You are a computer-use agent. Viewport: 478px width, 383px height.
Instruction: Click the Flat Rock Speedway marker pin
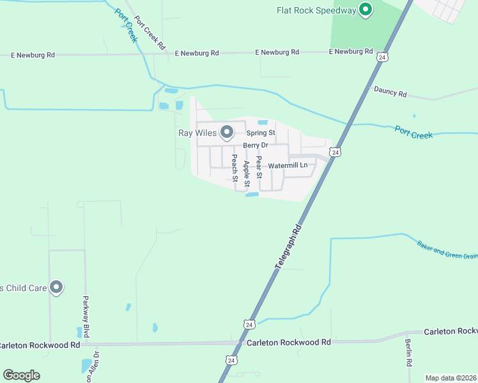point(366,10)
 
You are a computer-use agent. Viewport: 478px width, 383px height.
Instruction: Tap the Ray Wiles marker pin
point(226,133)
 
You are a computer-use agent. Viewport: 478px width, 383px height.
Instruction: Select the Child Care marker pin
point(56,288)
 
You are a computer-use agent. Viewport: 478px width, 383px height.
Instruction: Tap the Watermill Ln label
point(288,165)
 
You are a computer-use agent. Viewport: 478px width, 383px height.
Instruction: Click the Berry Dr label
point(254,145)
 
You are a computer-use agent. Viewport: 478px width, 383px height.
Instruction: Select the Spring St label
point(261,133)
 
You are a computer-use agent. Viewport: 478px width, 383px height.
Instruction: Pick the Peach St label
point(235,167)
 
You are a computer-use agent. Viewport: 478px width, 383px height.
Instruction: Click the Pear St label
point(259,167)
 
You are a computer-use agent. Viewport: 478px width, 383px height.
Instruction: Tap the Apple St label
point(247,173)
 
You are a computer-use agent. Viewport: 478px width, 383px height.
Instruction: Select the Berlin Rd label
point(408,352)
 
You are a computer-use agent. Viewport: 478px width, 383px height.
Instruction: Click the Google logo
point(21,375)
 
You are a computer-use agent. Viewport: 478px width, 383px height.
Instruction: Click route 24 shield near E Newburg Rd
point(382,57)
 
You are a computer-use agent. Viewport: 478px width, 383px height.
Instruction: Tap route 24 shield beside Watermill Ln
point(335,151)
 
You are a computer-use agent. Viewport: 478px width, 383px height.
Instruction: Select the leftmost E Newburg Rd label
point(33,56)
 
